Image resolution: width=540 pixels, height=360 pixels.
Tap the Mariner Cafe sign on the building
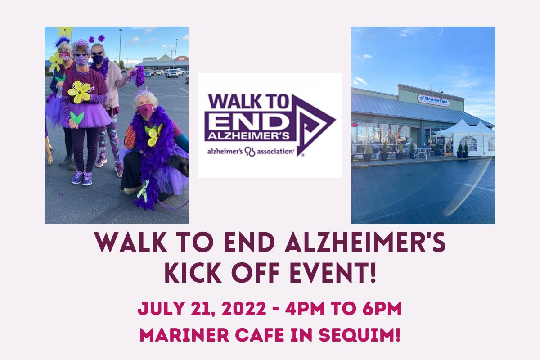click(433, 100)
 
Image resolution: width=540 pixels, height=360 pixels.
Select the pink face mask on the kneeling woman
click(145, 110)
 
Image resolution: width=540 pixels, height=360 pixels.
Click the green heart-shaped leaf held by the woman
click(76, 118)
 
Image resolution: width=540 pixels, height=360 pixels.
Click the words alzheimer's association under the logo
click(250, 151)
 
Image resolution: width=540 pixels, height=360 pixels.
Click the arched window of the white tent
click(468, 143)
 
